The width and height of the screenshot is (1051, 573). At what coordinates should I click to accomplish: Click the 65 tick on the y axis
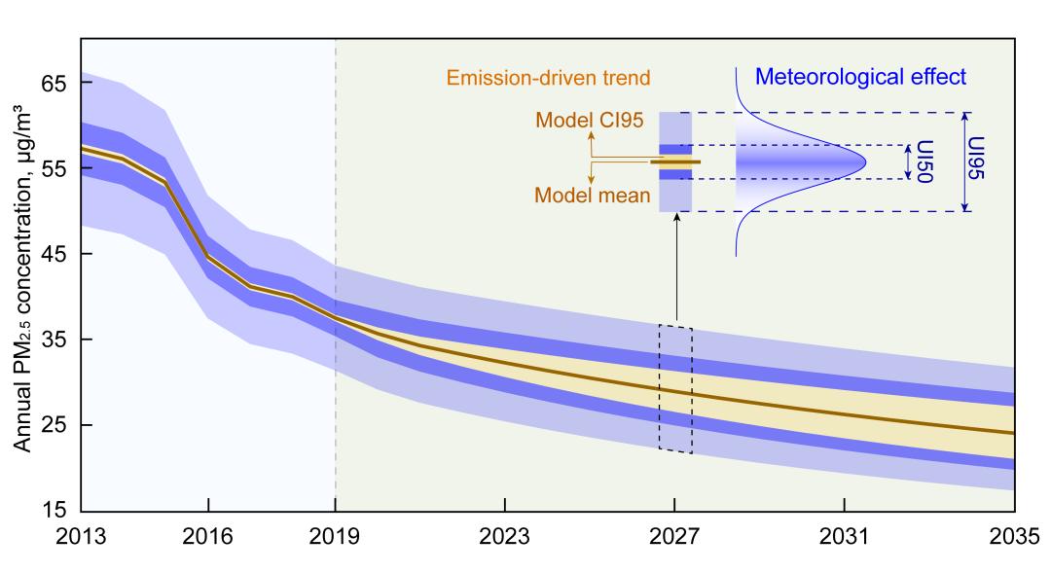click(54, 84)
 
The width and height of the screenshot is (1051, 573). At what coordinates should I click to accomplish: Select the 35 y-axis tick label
click(54, 340)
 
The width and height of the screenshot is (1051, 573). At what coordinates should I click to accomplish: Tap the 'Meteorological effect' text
click(860, 77)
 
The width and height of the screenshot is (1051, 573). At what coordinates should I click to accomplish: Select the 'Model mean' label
click(593, 196)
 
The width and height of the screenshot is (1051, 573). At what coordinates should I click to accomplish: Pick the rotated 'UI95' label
click(981, 161)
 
